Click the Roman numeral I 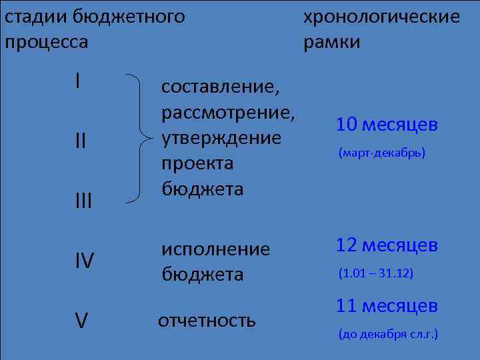tap(78, 82)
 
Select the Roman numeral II tap(80, 141)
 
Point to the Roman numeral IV tap(84, 261)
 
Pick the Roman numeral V tap(81, 321)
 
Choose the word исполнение tap(215, 249)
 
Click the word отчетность tap(206, 320)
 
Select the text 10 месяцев tap(387, 125)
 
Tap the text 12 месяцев tap(387, 245)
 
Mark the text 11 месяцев tap(387, 306)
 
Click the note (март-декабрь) tap(381, 153)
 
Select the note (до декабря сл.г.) tap(388, 334)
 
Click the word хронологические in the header tap(381, 17)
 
